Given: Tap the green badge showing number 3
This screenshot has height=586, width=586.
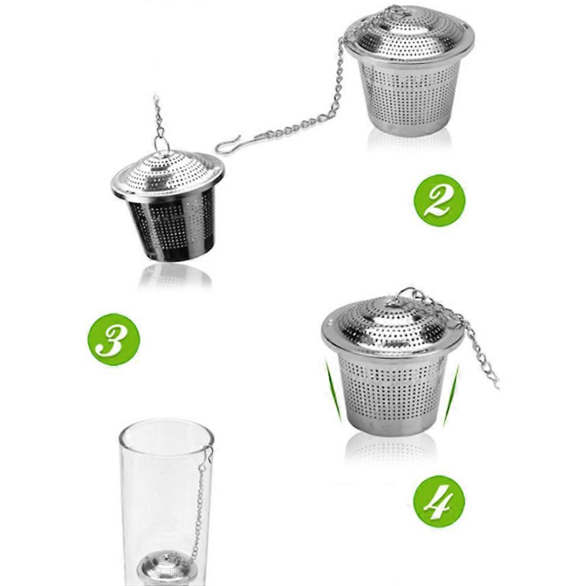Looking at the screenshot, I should coord(113,339).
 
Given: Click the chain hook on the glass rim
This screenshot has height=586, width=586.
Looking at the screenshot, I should coord(208,453).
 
